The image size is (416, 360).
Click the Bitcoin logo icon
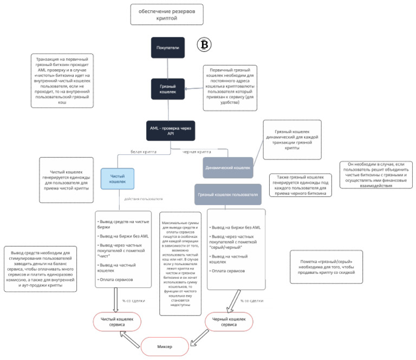click(x=205, y=44)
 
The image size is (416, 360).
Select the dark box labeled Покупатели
click(x=168, y=48)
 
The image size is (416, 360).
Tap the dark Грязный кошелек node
click(x=168, y=89)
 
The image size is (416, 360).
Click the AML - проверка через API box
click(x=170, y=130)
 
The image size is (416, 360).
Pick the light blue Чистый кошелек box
click(x=118, y=179)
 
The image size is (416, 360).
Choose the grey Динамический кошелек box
click(x=228, y=167)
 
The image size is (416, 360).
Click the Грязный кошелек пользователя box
click(x=228, y=194)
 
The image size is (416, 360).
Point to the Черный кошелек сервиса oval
click(x=229, y=322)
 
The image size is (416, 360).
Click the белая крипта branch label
click(x=144, y=152)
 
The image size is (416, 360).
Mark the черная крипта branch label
click(x=196, y=152)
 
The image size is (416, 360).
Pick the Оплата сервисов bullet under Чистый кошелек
click(x=115, y=279)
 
